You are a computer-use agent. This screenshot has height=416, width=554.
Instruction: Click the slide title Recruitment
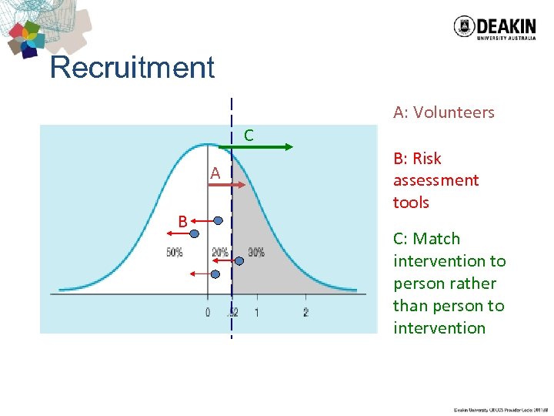132,68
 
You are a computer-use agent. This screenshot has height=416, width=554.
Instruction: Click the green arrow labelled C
262,146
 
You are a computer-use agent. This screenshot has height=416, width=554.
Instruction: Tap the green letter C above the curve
249,136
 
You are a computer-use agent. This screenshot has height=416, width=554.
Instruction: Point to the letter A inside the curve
215,174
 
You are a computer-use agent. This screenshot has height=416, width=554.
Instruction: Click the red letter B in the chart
182,222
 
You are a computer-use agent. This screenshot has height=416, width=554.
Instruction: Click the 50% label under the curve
175,252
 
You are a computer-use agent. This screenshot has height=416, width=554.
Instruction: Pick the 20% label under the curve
220,252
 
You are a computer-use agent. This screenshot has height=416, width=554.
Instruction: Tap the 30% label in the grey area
256,252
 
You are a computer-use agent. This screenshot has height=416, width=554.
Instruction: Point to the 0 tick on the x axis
208,312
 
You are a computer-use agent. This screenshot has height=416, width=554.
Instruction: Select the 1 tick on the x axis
256,312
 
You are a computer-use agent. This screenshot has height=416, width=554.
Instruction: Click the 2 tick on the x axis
305,312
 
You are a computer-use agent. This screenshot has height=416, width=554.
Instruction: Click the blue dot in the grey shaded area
239,261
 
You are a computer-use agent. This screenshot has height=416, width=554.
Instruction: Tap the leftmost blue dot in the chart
195,233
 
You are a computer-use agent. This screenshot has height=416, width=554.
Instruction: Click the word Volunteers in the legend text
454,112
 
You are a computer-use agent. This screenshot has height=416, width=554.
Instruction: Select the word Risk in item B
427,159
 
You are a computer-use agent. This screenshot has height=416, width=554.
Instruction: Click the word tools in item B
411,203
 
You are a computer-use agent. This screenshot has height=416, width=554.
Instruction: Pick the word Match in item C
436,239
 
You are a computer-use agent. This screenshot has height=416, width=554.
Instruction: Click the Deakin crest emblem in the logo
464,27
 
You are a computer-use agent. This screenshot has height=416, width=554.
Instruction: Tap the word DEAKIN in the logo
506,23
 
